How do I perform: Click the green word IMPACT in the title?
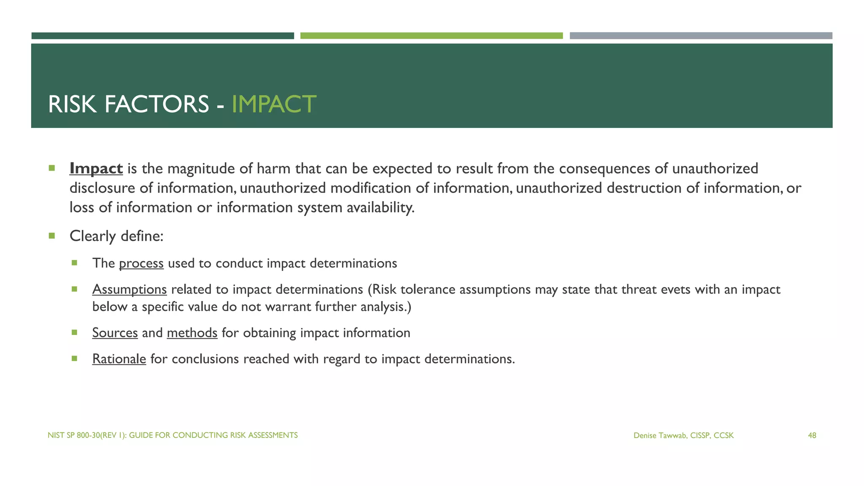pos(274,104)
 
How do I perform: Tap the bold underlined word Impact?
pos(96,168)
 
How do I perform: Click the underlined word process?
pos(141,263)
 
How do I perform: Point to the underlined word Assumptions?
pos(130,289)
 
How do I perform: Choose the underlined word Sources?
pos(115,333)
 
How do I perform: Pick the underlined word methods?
pos(192,333)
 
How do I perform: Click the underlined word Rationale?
pos(119,359)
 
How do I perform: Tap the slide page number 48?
pos(812,435)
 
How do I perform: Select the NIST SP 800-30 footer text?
pos(173,435)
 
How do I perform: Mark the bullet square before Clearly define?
pos(52,236)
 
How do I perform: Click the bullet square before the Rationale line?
pos(75,359)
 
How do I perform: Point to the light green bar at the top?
pos(431,36)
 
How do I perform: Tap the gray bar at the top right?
pos(701,36)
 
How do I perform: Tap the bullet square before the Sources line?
pos(75,332)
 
